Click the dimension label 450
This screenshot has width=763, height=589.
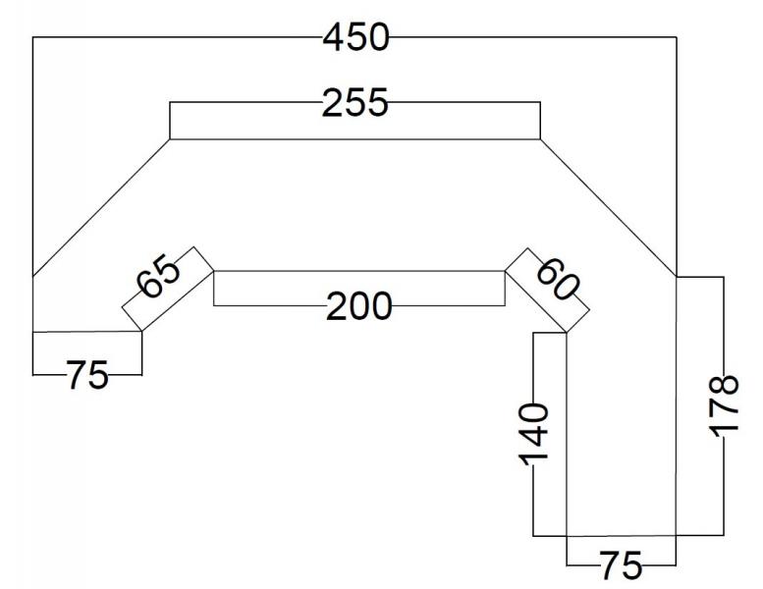coord(356,37)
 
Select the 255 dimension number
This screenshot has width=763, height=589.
coord(355,103)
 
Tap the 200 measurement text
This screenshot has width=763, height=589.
coord(358,306)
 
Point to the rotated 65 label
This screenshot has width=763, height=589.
coord(159,276)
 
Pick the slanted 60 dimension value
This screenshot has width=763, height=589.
coord(558,280)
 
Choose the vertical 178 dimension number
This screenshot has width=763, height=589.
coord(724,405)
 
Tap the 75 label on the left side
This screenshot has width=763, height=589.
coord(87,375)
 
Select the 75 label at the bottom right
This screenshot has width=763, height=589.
coord(621,565)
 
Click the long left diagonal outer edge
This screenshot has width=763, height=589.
coord(101,208)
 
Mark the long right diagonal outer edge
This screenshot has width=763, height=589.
coord(608,208)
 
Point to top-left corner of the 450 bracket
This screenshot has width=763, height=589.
coord(32,37)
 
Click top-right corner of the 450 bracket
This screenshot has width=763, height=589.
coord(677,37)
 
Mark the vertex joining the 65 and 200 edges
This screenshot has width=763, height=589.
coord(214,271)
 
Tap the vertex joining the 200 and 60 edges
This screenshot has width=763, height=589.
coord(505,271)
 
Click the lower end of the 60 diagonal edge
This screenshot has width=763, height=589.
coord(567,333)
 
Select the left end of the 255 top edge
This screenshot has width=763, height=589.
coord(170,139)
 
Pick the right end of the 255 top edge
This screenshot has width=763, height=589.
coord(540,139)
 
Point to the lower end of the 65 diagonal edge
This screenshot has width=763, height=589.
coord(141,332)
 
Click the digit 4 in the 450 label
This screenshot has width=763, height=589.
coord(334,37)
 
